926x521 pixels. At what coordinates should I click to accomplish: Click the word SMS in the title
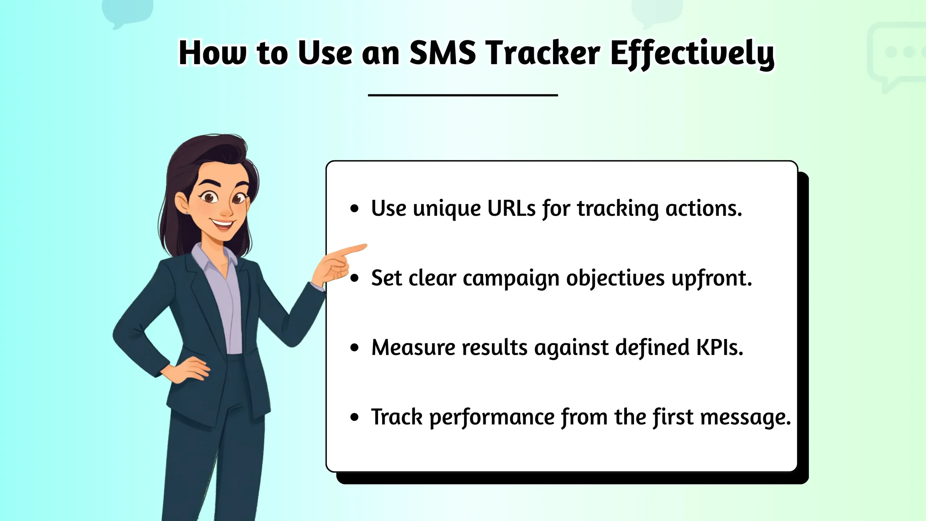pyautogui.click(x=442, y=53)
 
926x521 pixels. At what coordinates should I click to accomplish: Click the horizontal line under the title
pyautogui.click(x=463, y=95)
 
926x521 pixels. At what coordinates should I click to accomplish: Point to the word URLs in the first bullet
pyautogui.click(x=511, y=208)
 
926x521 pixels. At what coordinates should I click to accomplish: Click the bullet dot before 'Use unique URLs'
pyautogui.click(x=354, y=208)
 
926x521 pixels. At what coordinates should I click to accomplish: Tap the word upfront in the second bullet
pyautogui.click(x=712, y=279)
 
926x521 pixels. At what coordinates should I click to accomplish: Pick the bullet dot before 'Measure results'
pyautogui.click(x=354, y=348)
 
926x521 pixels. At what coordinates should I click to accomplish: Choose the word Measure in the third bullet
pyautogui.click(x=413, y=347)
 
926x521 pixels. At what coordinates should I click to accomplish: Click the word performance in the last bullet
pyautogui.click(x=492, y=417)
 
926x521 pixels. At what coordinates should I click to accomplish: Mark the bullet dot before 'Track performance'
pyautogui.click(x=354, y=417)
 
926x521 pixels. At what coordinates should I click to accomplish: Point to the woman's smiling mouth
pyautogui.click(x=221, y=224)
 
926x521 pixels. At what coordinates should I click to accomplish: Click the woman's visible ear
pyautogui.click(x=183, y=204)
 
